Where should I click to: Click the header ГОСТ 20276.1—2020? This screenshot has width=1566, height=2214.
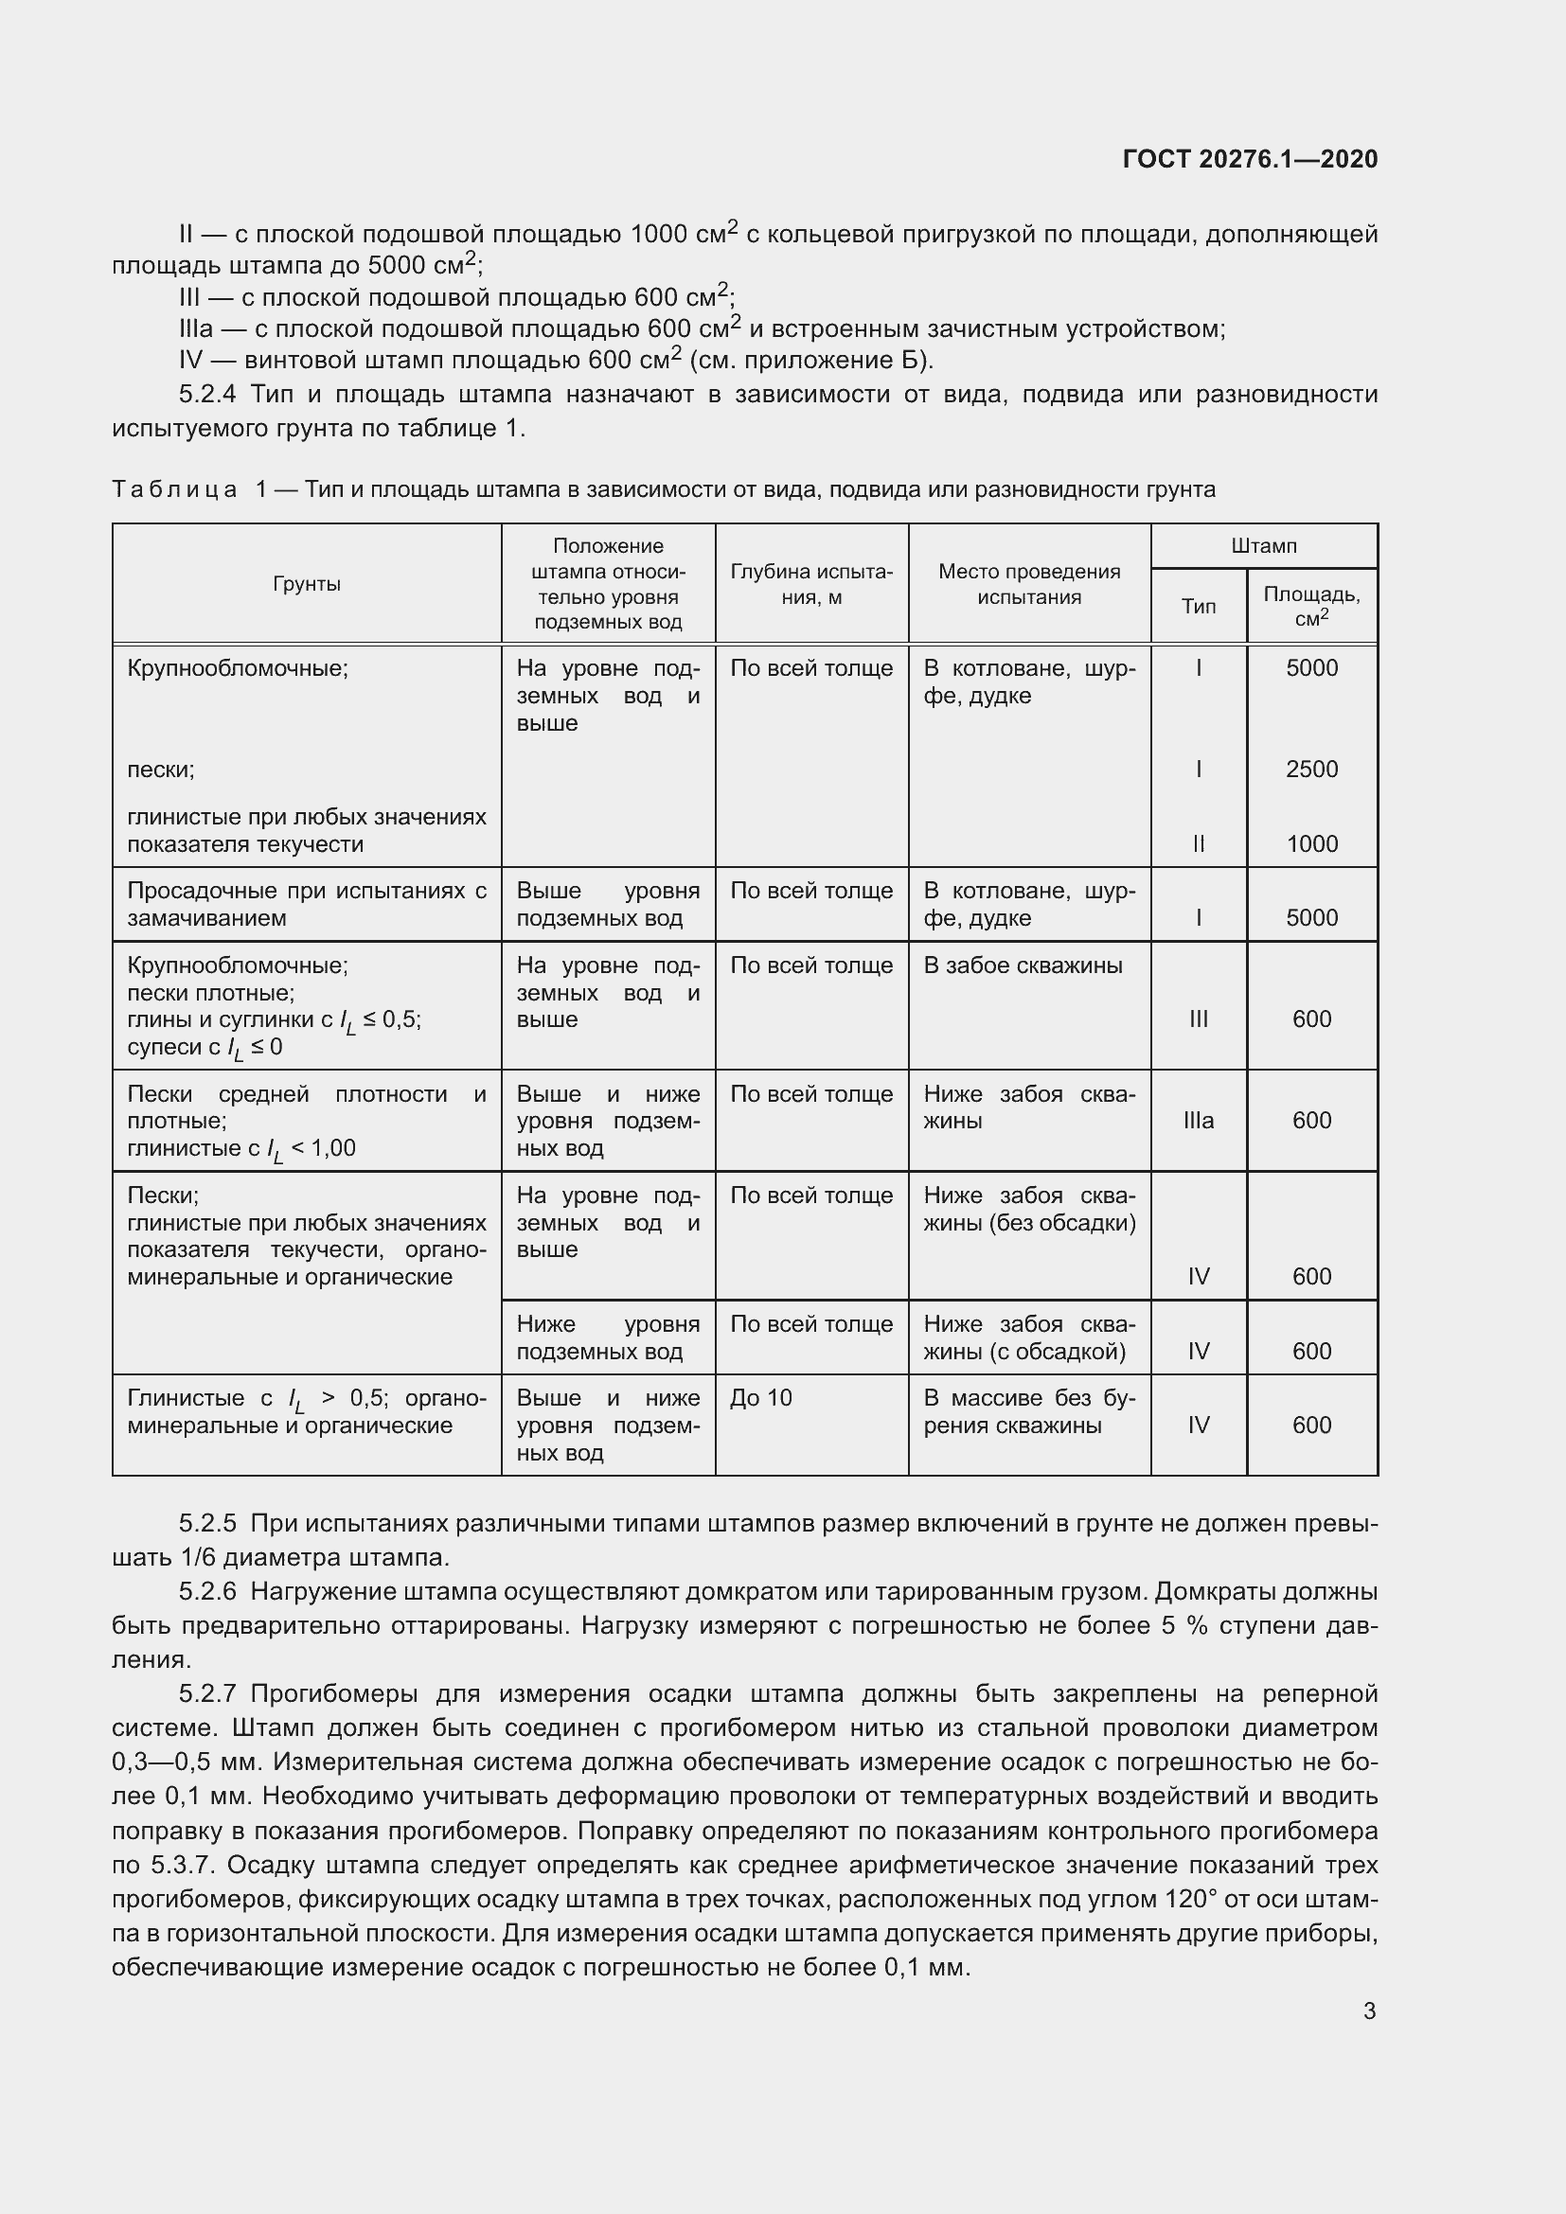tap(1250, 159)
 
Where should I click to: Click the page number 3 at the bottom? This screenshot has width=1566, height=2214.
tap(1369, 2010)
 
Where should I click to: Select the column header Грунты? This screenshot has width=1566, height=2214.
tap(307, 584)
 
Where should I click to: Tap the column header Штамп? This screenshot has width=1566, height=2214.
tap(1263, 546)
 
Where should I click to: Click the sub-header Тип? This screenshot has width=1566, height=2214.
tap(1199, 607)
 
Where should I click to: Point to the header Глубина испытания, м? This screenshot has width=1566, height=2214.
tap(811, 584)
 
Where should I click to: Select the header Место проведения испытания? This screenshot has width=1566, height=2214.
tap(1029, 584)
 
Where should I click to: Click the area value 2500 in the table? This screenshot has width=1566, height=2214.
tap(1311, 770)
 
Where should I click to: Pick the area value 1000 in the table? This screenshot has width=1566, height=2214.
tap(1311, 844)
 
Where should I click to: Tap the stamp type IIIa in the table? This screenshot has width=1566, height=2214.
tap(1199, 1121)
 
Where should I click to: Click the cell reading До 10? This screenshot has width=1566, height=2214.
tap(761, 1398)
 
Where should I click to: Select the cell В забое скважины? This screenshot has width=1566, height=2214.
tap(1023, 965)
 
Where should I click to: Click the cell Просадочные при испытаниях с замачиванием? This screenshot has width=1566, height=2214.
tap(307, 905)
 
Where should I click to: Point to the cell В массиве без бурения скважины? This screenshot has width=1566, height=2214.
tap(1029, 1411)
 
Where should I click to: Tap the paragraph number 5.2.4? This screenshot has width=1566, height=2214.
tap(207, 395)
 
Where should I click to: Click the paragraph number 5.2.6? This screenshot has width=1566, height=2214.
tap(207, 1591)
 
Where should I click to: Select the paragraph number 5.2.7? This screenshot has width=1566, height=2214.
tap(207, 1693)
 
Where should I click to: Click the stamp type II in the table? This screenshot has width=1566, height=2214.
tap(1199, 844)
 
